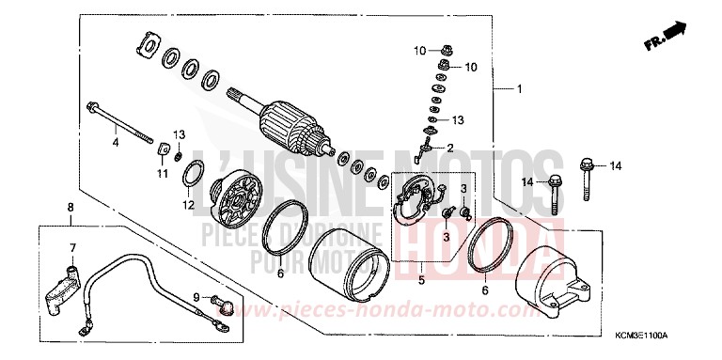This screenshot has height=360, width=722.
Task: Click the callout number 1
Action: [x=518, y=89]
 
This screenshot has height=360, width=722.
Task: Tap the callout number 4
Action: [x=116, y=142]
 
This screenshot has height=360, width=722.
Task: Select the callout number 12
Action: [x=188, y=204]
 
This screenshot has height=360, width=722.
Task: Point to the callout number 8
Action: [x=69, y=206]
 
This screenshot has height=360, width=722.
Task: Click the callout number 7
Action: [x=70, y=247]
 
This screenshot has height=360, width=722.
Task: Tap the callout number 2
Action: [x=450, y=148]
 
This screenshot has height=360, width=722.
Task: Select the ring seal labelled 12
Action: [x=193, y=174]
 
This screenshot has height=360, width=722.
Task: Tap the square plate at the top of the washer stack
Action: [x=149, y=42]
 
